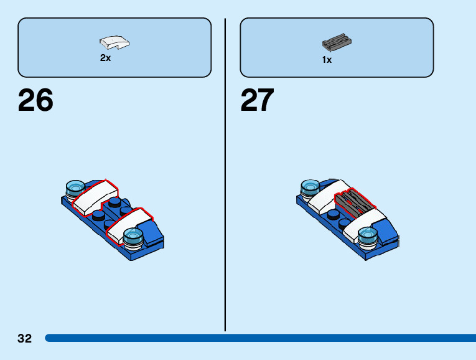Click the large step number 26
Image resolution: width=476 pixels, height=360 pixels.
click(x=35, y=100)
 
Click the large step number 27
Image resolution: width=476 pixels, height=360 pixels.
click(x=258, y=100)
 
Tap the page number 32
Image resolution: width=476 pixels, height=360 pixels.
click(x=24, y=338)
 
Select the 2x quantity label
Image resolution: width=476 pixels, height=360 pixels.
click(x=105, y=58)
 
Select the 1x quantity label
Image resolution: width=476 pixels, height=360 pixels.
click(x=327, y=60)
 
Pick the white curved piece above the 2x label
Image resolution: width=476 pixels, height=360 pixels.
click(x=114, y=43)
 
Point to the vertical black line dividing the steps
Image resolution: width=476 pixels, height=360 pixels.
click(x=225, y=174)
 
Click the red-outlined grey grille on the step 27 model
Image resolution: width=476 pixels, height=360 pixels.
click(x=352, y=201)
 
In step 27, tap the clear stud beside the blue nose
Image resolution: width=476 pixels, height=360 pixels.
click(x=368, y=235)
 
